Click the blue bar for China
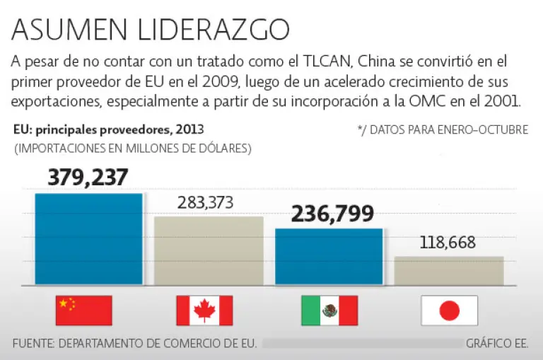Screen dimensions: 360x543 (88, 239)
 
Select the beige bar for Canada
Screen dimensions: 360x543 (209, 250)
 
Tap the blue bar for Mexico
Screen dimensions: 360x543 (329, 257)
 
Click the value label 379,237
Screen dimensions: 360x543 (88, 178)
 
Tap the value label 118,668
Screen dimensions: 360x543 (447, 243)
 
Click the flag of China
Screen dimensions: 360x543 (83, 310)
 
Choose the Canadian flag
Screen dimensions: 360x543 (204, 310)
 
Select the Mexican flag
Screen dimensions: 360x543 (329, 310)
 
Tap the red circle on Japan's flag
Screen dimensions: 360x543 (450, 310)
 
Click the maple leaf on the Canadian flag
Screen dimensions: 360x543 (204, 310)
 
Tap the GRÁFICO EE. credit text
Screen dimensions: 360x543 (497, 344)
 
